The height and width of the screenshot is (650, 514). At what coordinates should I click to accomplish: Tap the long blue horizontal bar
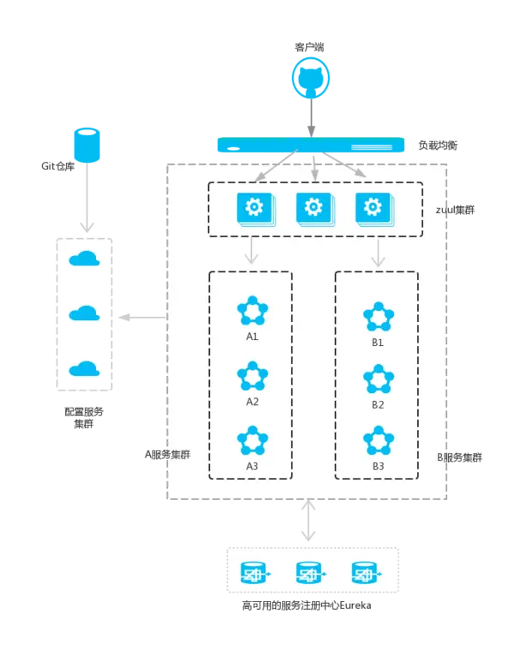coord(310,145)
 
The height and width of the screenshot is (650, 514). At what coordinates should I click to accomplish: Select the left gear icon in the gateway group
coord(254,208)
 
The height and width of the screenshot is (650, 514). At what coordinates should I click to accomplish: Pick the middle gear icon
coord(313,208)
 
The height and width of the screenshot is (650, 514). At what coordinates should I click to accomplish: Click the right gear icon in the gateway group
coord(372,208)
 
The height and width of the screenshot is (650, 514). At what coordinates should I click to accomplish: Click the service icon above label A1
coord(252,311)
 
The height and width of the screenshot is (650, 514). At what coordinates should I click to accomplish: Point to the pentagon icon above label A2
coord(252,376)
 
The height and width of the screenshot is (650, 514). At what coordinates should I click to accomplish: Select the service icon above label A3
coord(252,441)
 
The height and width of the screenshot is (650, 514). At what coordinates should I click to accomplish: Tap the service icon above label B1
coord(378,317)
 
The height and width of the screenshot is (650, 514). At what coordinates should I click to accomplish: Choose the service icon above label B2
coord(378,379)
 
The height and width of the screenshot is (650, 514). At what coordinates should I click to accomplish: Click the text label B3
coord(378,466)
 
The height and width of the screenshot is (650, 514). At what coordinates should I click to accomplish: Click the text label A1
coord(252,337)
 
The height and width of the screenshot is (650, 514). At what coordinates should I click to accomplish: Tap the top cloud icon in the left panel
coord(84,259)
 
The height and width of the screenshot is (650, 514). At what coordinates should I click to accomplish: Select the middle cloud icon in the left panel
coord(84,313)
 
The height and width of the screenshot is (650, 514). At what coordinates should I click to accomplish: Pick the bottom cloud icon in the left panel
coord(84,368)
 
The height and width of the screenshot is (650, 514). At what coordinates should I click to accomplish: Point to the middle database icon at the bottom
coord(310,571)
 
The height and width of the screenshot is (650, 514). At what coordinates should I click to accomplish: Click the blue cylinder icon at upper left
coord(87,144)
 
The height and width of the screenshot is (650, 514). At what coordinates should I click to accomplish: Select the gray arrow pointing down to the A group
coord(252,252)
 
